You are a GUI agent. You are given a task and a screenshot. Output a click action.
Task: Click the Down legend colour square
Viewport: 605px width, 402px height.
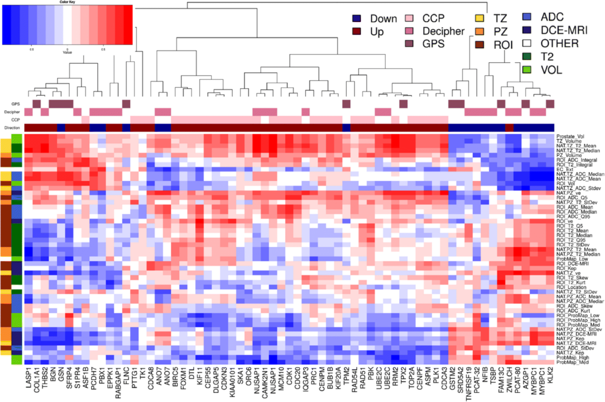356,18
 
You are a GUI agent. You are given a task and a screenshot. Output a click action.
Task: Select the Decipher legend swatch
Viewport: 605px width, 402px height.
409,31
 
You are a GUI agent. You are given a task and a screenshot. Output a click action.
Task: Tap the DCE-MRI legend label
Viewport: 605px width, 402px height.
564,30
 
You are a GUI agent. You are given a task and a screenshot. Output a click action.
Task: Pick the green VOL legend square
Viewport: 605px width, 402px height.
527,70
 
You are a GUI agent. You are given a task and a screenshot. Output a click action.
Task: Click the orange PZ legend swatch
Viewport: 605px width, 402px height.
479,31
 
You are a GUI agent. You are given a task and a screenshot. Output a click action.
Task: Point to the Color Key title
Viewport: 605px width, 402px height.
67,2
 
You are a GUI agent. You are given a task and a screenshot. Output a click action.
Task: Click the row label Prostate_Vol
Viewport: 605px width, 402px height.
570,136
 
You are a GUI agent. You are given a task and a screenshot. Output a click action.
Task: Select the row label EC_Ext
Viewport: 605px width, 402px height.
565,169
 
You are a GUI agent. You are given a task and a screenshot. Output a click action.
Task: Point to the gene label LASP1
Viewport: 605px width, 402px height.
29,378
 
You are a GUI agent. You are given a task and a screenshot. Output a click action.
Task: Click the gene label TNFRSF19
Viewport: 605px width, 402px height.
468,384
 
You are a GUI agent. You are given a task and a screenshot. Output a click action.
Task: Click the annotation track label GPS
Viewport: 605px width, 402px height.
15,104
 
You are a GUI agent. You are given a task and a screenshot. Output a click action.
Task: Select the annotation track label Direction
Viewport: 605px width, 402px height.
12,128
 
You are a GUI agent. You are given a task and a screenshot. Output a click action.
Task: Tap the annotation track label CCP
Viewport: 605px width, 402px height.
15,120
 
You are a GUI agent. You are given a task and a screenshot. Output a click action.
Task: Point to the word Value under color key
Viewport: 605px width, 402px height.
67,52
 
